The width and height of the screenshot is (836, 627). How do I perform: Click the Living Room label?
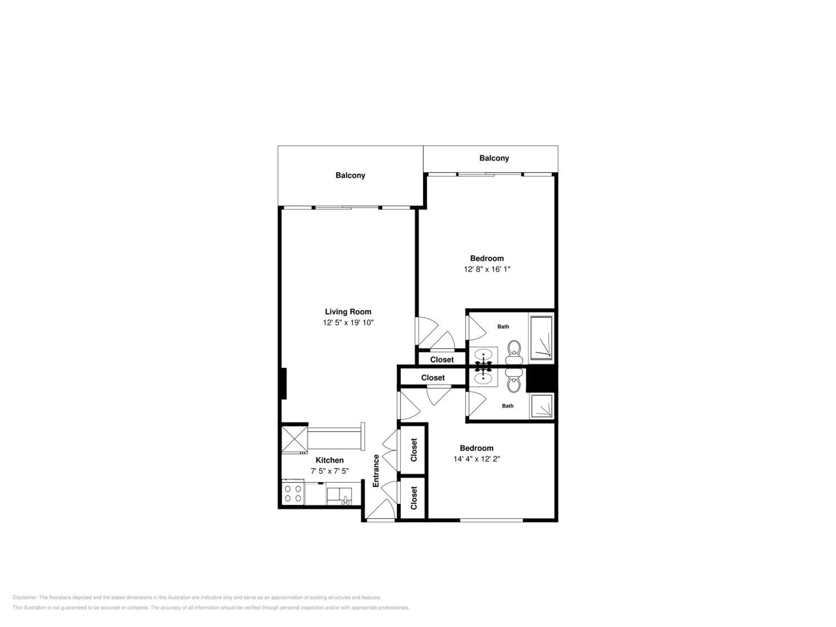click(348, 312)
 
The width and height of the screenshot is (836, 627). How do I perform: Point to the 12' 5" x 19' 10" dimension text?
click(348, 323)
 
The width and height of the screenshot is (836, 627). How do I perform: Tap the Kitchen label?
click(330, 460)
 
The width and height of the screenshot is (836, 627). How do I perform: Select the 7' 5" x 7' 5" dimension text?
click(330, 471)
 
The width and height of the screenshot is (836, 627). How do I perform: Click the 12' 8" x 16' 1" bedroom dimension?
click(487, 269)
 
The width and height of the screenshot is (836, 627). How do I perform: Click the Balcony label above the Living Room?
click(350, 175)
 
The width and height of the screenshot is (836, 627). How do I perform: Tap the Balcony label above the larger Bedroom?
click(494, 158)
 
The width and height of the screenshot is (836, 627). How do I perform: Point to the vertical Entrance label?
click(376, 471)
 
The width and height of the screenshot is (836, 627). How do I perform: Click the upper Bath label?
click(503, 327)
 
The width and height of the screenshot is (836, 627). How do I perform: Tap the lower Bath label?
click(507, 406)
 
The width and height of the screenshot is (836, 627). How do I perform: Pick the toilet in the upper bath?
click(514, 352)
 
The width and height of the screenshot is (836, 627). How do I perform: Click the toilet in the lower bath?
click(514, 380)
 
